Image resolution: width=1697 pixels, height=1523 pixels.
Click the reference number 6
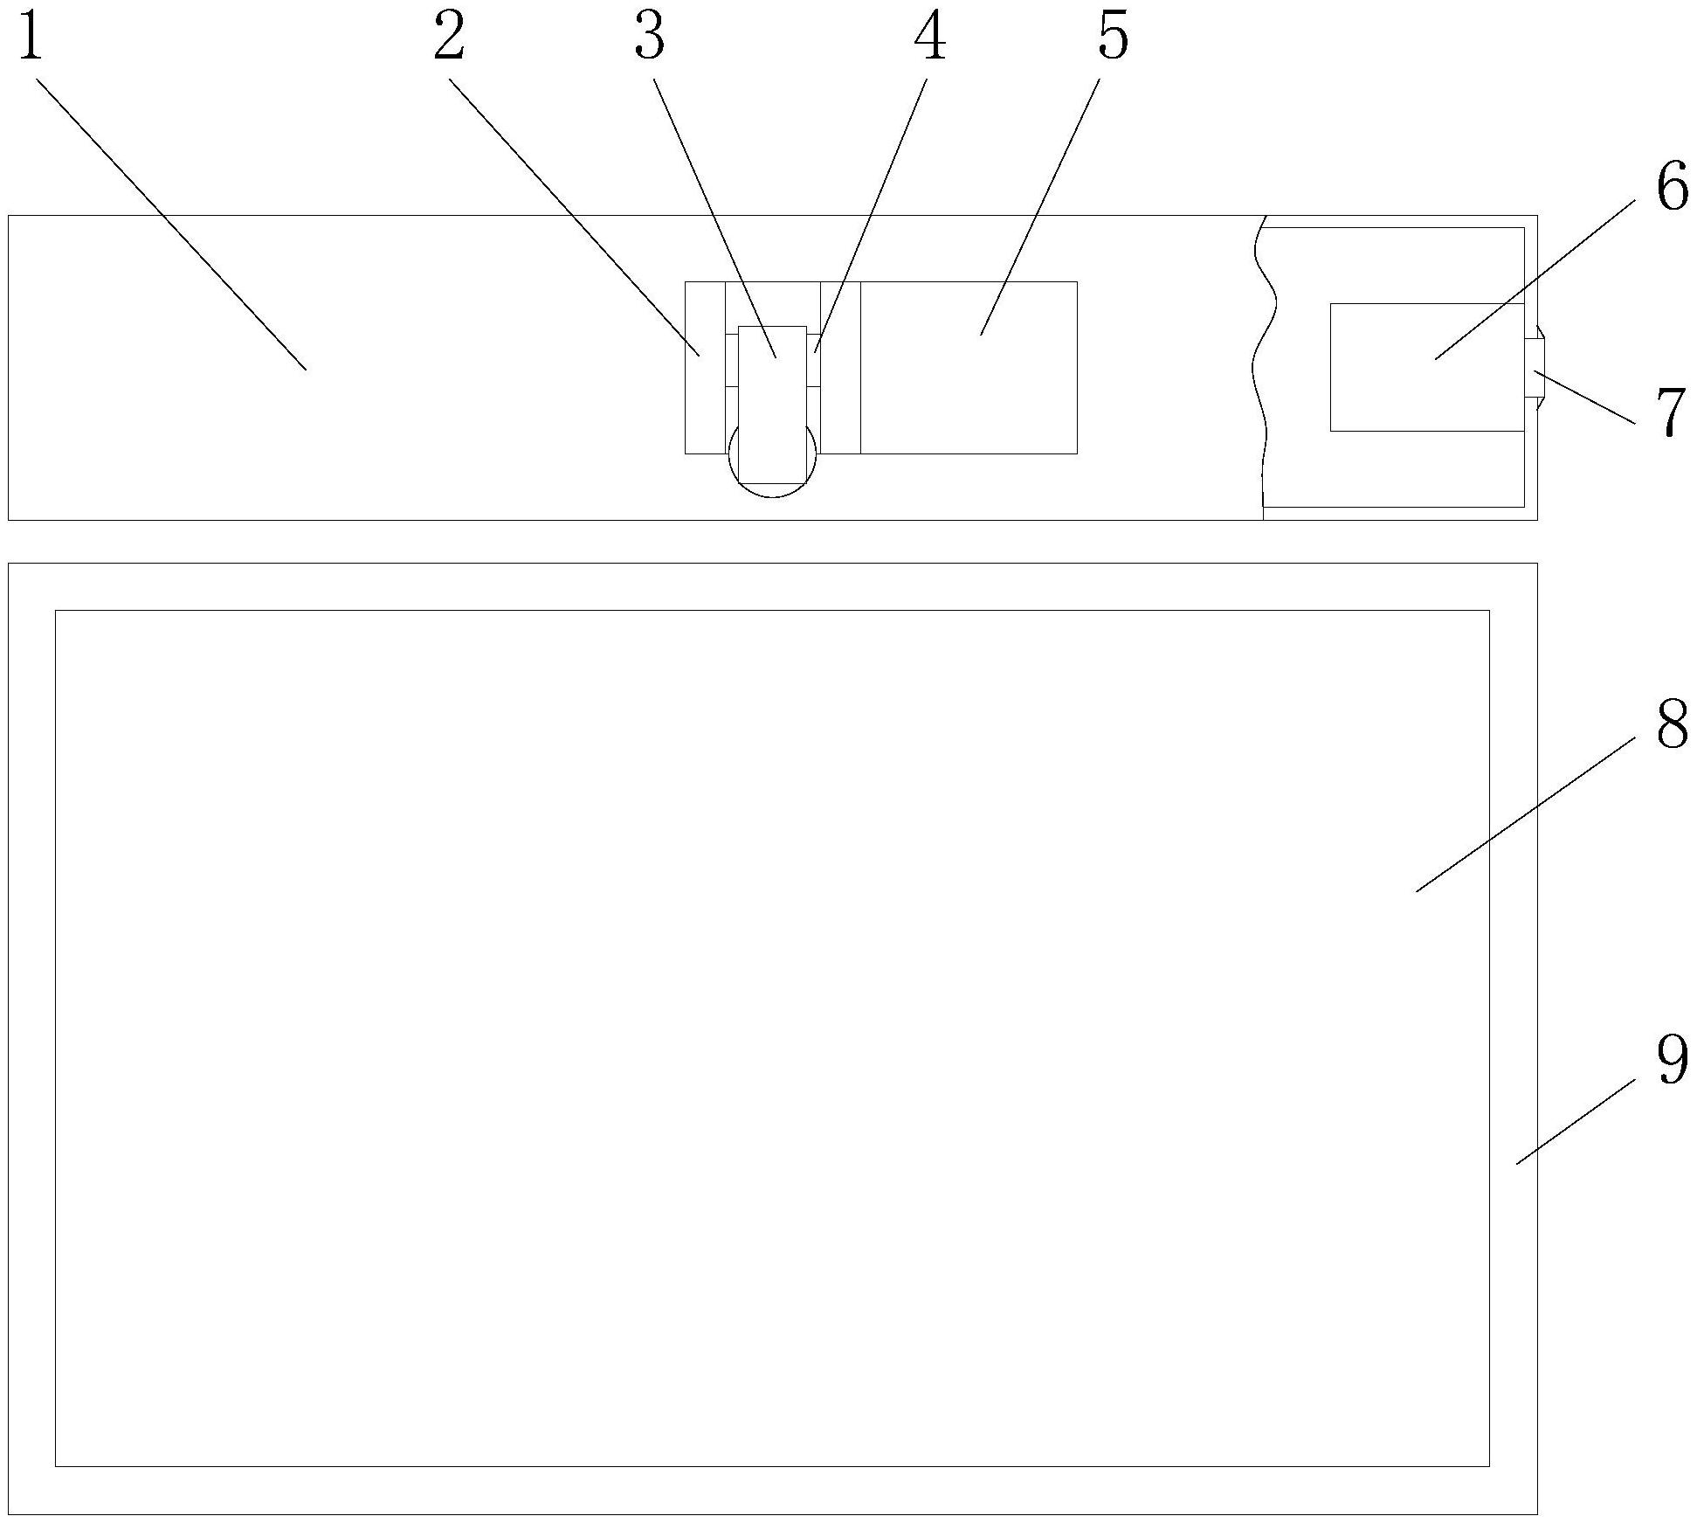(x=1672, y=189)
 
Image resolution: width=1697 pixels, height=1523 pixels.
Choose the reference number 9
(x=1672, y=1061)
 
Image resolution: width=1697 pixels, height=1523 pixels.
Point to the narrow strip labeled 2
(x=705, y=368)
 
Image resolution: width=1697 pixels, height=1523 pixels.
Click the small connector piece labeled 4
(x=813, y=359)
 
